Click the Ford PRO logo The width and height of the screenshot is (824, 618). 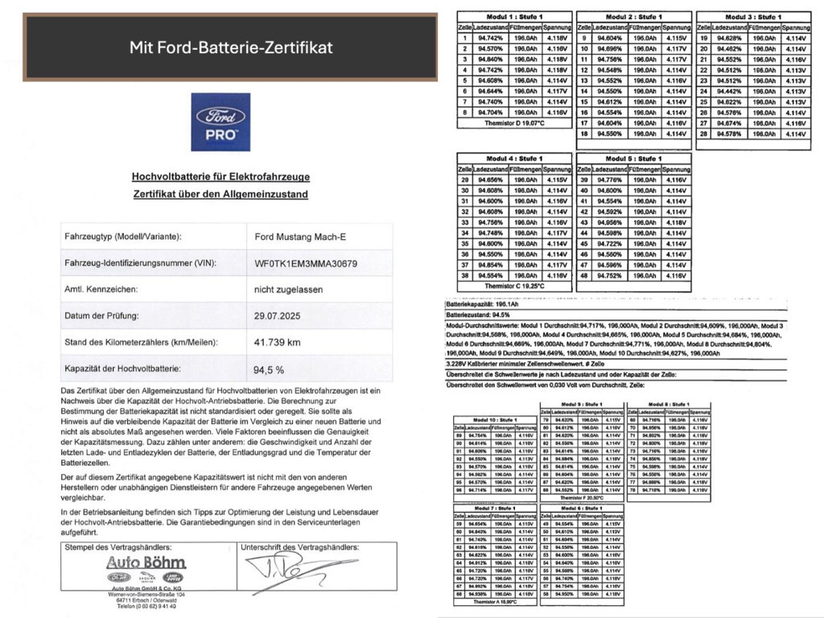[x=220, y=122]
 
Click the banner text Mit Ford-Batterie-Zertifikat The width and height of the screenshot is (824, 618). [x=231, y=47]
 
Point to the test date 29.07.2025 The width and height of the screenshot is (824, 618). [x=277, y=316]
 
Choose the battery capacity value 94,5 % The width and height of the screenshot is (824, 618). [x=269, y=369]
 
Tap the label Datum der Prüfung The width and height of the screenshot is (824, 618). [x=101, y=316]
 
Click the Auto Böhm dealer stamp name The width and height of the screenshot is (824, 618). [x=146, y=562]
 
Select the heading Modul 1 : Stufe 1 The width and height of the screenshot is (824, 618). [x=514, y=16]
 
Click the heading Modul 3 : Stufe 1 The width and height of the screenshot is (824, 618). [x=753, y=16]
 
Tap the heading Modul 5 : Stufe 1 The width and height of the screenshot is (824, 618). [x=633, y=159]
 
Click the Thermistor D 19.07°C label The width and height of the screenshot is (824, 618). [x=514, y=123]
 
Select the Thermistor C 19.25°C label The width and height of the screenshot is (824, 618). [x=514, y=286]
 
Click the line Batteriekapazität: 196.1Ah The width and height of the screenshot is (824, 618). [x=481, y=305]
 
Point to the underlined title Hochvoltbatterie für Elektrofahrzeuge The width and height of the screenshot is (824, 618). [x=220, y=177]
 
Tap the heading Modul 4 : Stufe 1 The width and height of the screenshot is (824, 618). [x=514, y=159]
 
